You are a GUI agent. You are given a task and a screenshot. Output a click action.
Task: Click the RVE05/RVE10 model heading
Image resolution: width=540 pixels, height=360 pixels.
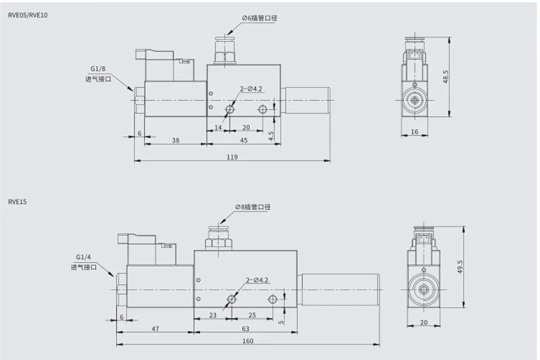28,15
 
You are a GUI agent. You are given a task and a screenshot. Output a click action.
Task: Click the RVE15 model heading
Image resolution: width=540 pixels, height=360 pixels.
18,202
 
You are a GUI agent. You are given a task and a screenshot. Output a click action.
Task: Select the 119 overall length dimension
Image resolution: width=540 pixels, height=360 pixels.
232,157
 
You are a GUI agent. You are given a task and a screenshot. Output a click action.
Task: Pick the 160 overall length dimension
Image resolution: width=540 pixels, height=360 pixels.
248,340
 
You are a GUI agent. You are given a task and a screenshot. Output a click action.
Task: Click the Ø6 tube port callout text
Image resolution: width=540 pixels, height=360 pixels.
259,18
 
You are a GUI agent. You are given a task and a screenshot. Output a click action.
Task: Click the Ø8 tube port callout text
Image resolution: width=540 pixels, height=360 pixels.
253,207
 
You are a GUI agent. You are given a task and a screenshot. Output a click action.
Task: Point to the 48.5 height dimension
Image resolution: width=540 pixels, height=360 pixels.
446,77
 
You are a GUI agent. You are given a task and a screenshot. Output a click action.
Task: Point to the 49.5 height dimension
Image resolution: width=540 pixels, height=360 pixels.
460,267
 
